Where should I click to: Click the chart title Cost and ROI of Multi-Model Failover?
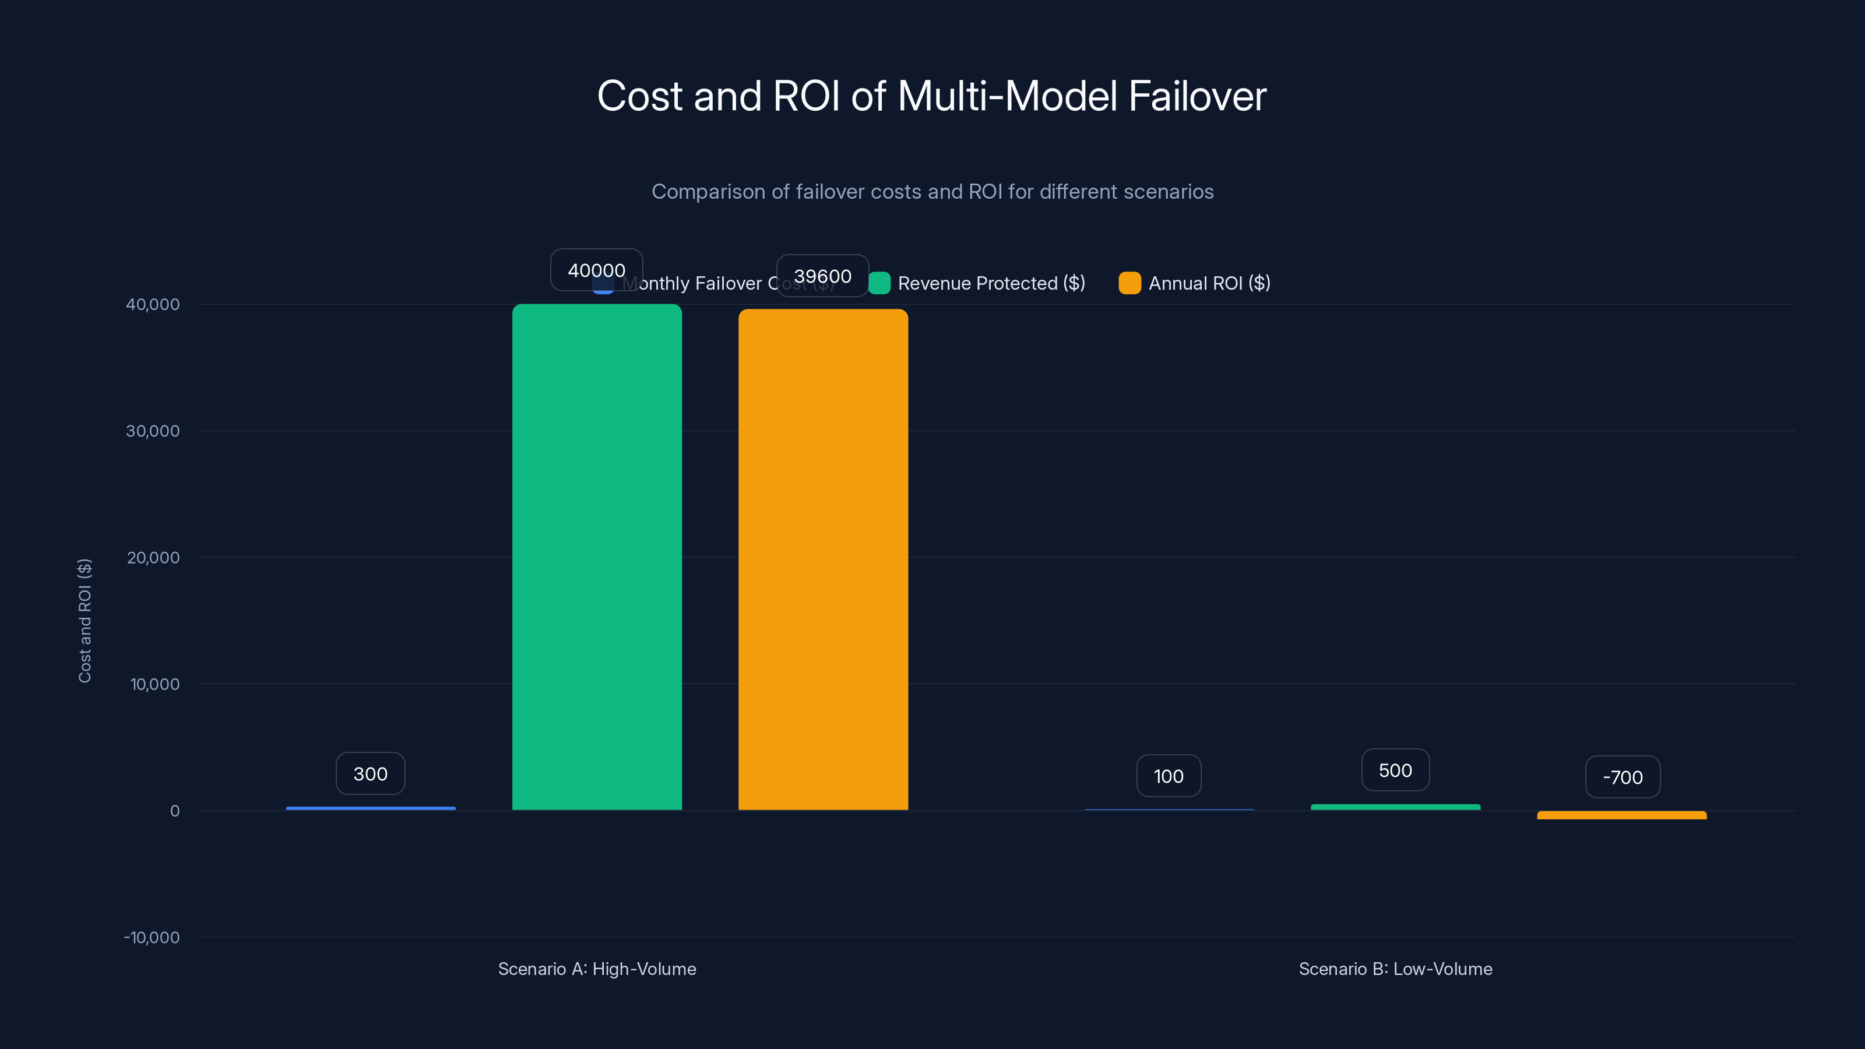[932, 96]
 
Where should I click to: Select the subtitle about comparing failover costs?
[932, 192]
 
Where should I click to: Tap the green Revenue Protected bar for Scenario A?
[597, 558]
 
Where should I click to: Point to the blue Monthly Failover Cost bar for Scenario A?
[371, 808]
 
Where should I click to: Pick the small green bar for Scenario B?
[1395, 807]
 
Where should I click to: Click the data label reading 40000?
[597, 270]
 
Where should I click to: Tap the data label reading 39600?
[822, 276]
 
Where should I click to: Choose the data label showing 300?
[371, 774]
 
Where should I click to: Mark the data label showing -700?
[1623, 777]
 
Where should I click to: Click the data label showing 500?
[1395, 770]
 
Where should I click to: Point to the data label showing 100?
[1169, 776]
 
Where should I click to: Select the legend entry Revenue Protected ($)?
[990, 283]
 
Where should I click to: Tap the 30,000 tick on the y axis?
[153, 431]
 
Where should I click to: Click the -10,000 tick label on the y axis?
[152, 938]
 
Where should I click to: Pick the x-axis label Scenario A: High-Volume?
[597, 969]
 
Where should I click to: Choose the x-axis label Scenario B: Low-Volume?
[1395, 969]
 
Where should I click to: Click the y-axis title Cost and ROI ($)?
[85, 621]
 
